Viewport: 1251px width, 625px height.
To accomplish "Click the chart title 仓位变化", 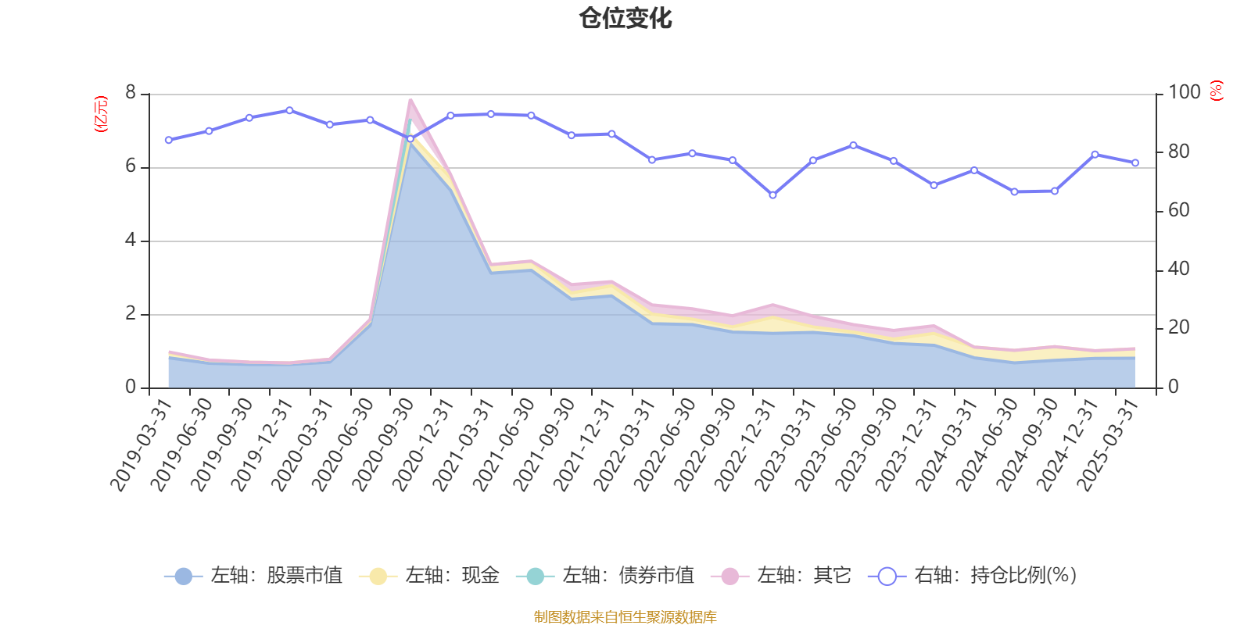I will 625,18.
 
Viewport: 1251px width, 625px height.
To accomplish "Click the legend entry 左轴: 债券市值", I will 605,576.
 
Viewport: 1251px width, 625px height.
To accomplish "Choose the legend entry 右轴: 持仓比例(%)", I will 973,576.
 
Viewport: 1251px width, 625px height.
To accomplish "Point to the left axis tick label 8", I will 131,93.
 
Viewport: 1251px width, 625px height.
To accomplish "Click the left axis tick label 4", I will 131,240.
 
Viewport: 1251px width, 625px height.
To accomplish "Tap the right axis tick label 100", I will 1184,92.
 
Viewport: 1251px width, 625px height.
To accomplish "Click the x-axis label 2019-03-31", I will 141,445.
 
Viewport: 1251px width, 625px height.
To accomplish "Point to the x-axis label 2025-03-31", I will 1108,445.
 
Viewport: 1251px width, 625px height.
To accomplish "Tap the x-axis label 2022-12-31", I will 745,445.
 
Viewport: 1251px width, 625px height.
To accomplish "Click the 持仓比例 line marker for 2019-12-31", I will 289,110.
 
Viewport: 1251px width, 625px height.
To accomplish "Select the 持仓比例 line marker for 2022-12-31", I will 772,195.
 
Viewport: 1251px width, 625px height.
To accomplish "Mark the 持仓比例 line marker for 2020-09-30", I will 410,139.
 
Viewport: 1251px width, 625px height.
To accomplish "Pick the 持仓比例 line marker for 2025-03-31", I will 1135,162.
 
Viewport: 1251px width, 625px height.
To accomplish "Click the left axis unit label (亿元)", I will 101,114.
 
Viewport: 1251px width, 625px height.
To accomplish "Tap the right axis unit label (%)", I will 1217,91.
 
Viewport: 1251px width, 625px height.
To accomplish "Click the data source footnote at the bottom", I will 625,617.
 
